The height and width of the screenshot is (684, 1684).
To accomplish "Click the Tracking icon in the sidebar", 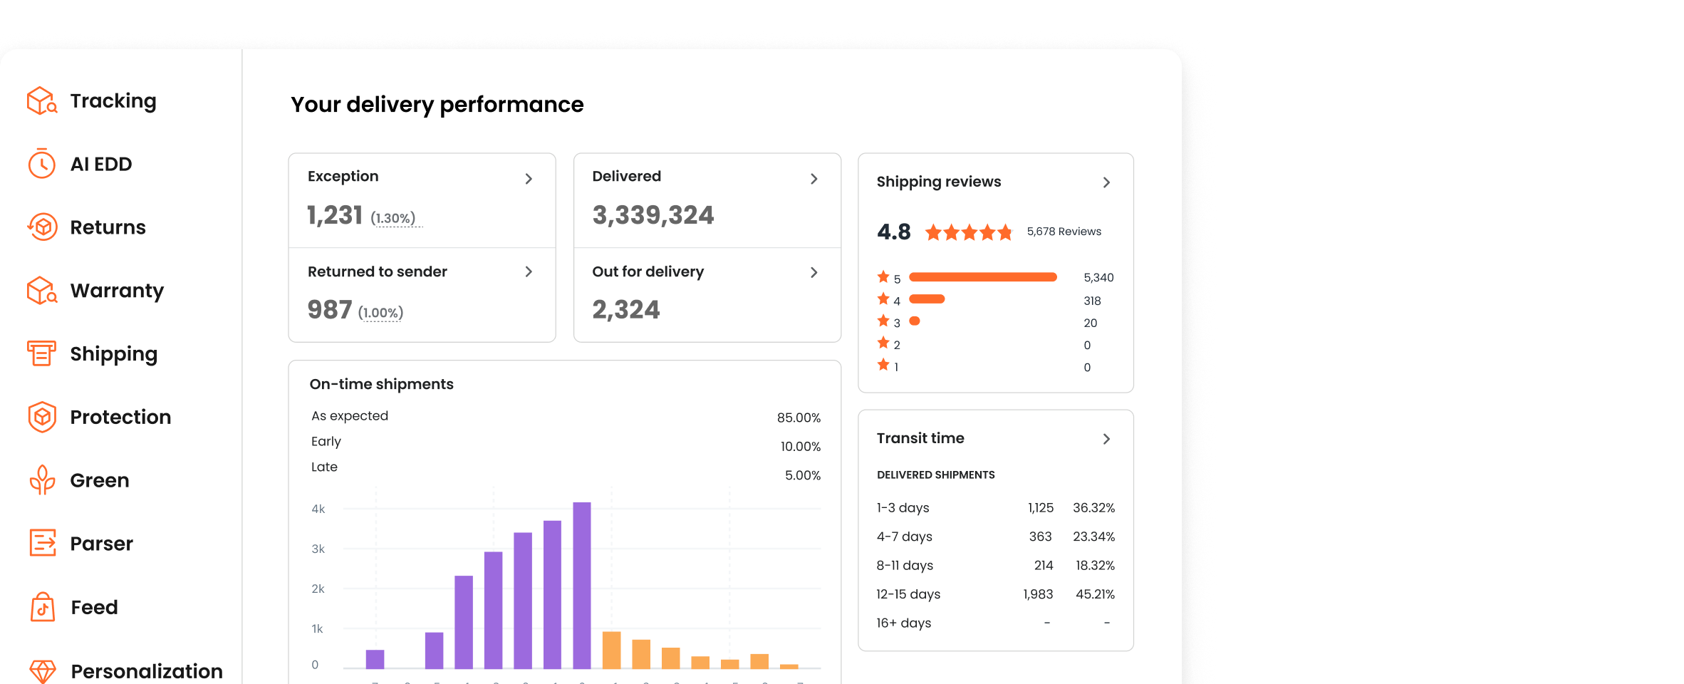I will pos(42,101).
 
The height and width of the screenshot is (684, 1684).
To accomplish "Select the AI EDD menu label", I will pos(101,165).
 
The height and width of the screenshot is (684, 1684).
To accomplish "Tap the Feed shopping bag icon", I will pos(43,607).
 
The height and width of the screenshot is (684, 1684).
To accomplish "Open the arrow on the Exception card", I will pos(529,179).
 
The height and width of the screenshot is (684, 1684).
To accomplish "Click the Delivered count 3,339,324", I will pos(653,215).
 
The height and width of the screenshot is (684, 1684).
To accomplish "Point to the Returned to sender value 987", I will pos(330,310).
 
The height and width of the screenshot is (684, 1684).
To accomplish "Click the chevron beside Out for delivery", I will pos(814,272).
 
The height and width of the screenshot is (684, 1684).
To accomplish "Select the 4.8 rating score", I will pos(893,232).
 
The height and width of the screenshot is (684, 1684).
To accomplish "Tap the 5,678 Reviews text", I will pos(1064,232).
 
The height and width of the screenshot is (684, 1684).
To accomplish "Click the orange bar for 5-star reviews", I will pos(982,277).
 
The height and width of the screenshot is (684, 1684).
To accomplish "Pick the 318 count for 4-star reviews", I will pos(1092,301).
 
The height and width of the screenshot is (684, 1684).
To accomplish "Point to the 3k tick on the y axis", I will pos(318,549).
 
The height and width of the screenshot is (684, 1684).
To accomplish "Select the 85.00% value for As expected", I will pos(799,418).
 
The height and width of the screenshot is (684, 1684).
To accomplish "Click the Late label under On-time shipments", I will pos(324,467).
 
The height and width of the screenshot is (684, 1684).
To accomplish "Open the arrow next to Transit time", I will pos(1106,439).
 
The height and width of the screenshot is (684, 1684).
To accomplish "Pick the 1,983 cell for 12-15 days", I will pos(1038,594).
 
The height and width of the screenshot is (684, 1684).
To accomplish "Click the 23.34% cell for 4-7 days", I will pos(1093,537).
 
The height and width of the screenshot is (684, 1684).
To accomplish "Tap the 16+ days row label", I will pos(903,623).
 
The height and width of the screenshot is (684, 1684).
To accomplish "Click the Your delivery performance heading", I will pos(437,105).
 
